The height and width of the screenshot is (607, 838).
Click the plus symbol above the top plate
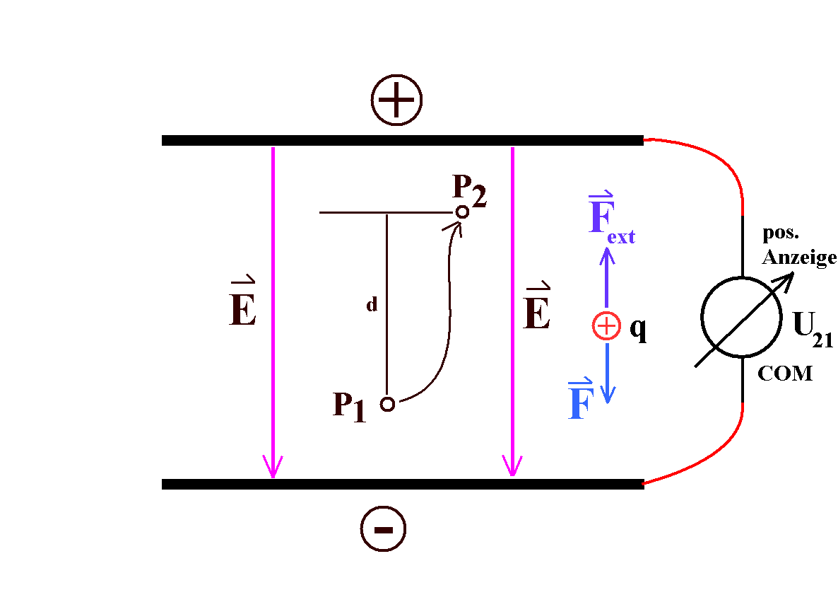(396, 100)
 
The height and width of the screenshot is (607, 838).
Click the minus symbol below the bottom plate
(384, 529)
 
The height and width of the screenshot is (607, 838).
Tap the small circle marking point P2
(462, 212)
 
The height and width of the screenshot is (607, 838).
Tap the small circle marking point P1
(387, 404)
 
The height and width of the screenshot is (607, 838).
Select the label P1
(350, 407)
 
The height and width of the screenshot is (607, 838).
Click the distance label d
(372, 306)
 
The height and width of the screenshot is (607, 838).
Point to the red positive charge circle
(606, 326)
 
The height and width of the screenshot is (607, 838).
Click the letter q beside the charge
(638, 330)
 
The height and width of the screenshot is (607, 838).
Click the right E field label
(537, 312)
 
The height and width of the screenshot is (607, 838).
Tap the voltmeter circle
(742, 317)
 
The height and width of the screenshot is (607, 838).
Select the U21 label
(813, 328)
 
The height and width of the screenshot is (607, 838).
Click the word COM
(785, 374)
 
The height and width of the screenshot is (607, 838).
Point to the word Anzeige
(799, 258)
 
